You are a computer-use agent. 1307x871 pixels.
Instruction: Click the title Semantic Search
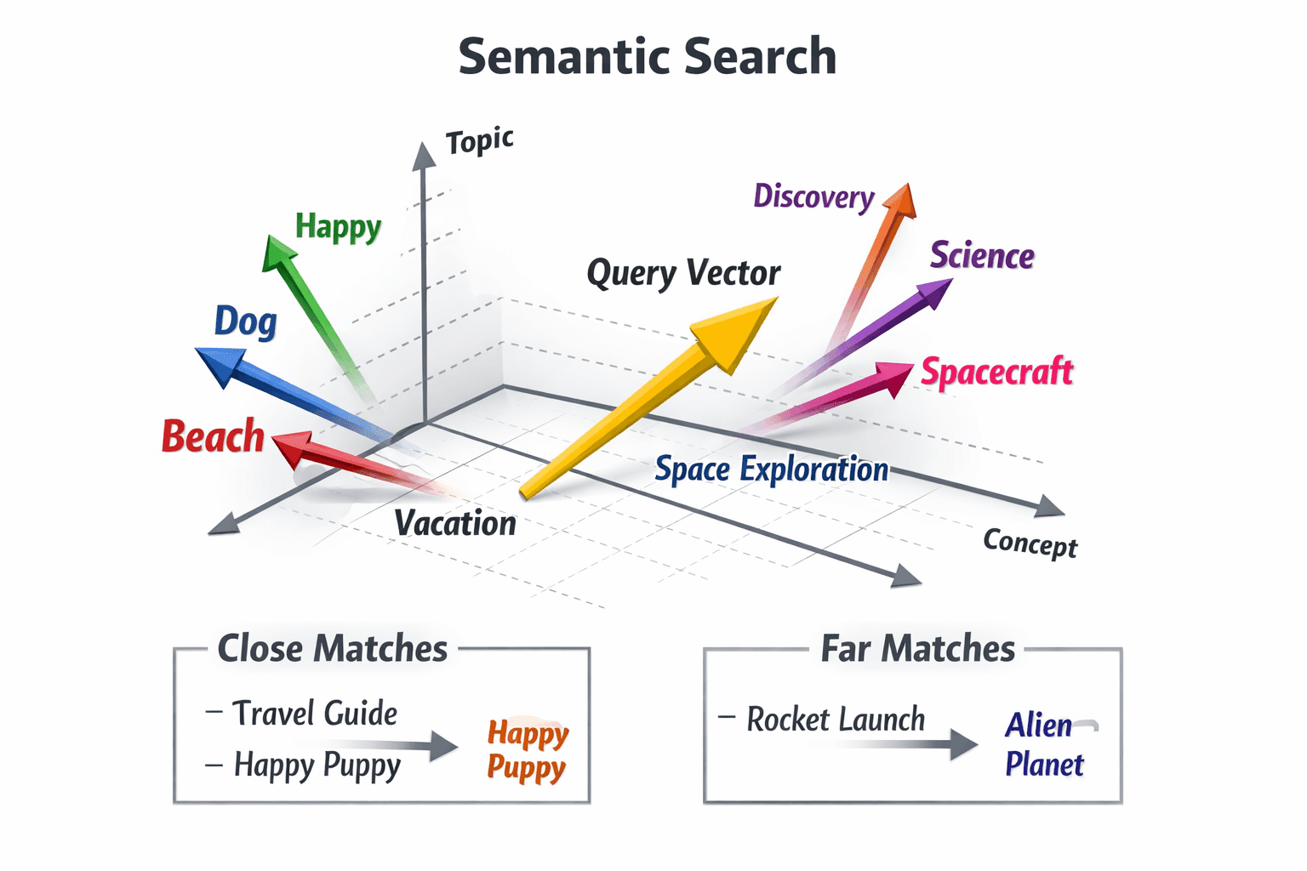coord(648,56)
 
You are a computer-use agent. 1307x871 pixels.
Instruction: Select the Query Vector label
coord(683,273)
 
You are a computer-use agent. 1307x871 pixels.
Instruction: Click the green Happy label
coord(338,227)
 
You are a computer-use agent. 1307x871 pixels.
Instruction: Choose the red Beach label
coord(213,436)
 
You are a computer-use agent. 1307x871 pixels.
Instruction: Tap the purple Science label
coord(982,255)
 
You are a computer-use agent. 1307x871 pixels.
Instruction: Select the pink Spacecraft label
coord(997,372)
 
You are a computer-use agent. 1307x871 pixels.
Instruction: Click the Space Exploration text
coord(771,470)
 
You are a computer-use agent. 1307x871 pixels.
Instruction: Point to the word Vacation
coord(455,523)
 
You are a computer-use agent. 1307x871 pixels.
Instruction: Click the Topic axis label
coord(480,140)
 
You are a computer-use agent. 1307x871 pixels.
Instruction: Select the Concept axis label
coord(1030,543)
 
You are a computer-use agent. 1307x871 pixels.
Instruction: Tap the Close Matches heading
coord(332,649)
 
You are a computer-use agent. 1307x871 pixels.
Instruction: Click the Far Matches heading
coord(917,649)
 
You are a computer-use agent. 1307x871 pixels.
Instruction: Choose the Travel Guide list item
coord(314,713)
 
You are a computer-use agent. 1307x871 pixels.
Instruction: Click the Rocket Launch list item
coord(835,720)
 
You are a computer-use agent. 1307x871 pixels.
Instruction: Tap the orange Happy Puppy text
coord(527,749)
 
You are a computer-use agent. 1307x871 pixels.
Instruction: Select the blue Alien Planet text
coord(1044,744)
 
